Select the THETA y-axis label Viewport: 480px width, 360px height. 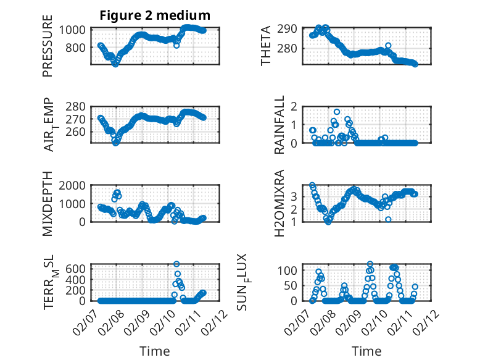tap(266, 46)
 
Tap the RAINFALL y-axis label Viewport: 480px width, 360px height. tap(279, 125)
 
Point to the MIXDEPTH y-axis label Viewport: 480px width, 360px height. tap(48, 203)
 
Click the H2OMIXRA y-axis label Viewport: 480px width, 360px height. tap(279, 203)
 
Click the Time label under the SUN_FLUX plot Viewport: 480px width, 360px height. tap(366, 351)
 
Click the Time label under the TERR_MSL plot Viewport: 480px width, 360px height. tap(155, 351)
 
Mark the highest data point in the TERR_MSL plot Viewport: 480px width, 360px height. tap(176, 264)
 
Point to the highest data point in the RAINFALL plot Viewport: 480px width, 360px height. tap(337, 112)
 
